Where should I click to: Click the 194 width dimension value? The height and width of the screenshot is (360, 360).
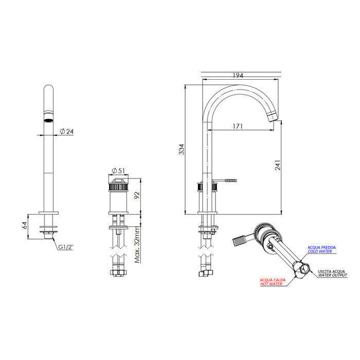[238, 76]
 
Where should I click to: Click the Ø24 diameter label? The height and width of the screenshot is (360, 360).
[66, 132]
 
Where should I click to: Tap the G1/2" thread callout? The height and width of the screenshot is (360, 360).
[65, 247]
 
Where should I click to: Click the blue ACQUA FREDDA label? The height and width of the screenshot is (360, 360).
[322, 248]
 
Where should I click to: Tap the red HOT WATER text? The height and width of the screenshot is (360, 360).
[272, 284]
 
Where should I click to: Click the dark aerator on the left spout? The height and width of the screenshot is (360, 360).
[49, 120]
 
